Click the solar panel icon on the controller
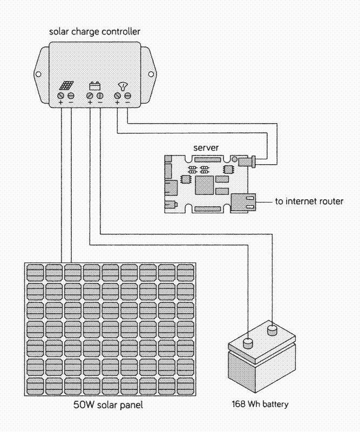click(x=66, y=86)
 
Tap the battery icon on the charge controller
click(x=95, y=85)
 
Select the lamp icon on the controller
click(x=123, y=85)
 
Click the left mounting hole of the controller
click(x=38, y=74)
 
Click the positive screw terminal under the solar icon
click(x=61, y=96)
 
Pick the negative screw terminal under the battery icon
click(x=100, y=96)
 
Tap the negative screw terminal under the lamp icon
click(x=127, y=96)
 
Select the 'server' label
click(x=205, y=147)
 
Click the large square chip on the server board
click(x=206, y=186)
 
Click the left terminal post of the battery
click(x=248, y=342)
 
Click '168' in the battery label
click(x=239, y=404)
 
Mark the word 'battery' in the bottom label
click(x=275, y=404)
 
